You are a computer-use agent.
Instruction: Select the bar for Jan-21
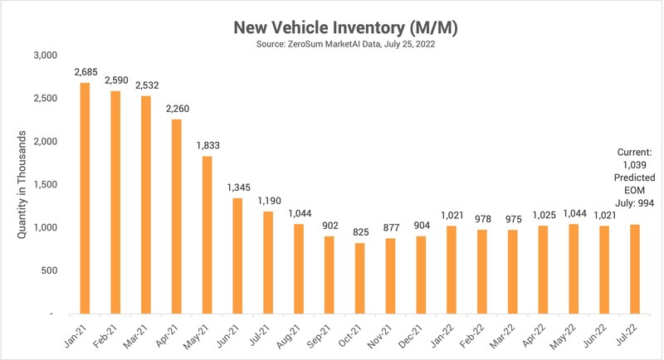[x=85, y=198]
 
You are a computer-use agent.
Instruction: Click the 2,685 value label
[x=85, y=73]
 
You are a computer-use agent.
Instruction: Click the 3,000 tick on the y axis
[x=44, y=56]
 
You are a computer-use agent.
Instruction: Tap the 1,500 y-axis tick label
[x=44, y=185]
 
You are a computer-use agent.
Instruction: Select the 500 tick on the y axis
[x=47, y=271]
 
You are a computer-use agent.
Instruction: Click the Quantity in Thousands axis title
[x=22, y=185]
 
